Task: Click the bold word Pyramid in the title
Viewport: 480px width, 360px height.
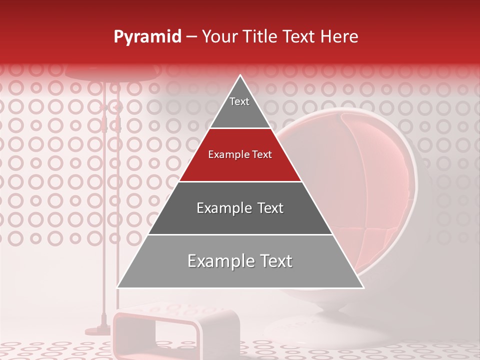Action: coord(147,37)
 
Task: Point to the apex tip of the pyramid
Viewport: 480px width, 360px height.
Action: coord(240,76)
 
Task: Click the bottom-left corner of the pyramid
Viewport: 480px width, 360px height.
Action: coord(118,287)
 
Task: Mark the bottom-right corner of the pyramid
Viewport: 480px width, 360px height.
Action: coord(362,287)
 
